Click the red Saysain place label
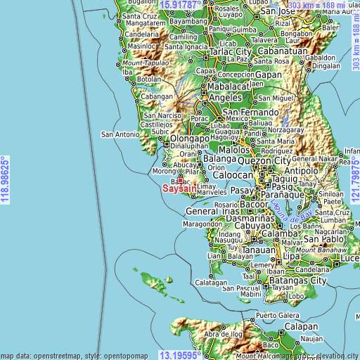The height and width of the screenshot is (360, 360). [x=179, y=188]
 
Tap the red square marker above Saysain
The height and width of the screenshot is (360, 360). [x=180, y=180]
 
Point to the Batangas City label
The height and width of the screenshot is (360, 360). [x=302, y=281]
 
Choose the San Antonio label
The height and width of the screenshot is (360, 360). [x=120, y=134]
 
